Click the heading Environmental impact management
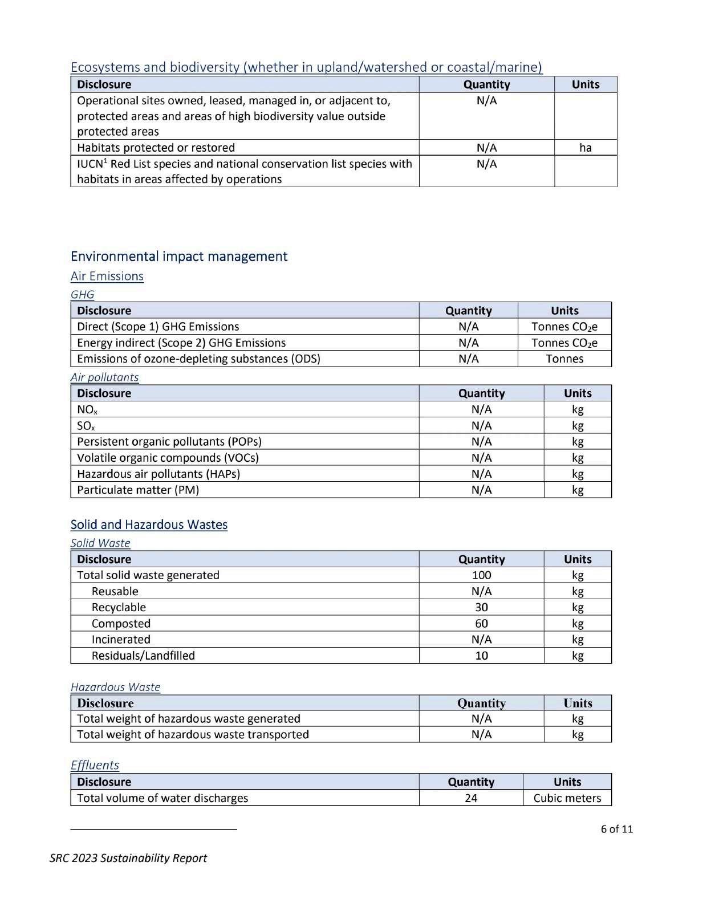(179, 257)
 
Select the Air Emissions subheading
(107, 276)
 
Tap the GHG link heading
(82, 295)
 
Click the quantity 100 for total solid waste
(481, 575)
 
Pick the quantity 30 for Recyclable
(481, 607)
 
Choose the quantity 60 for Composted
(481, 624)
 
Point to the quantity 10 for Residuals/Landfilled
(481, 656)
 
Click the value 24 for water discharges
(471, 798)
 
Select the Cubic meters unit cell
(567, 798)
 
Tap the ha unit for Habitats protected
(586, 148)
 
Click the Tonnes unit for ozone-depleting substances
(564, 359)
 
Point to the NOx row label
(87, 410)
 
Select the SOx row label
(86, 426)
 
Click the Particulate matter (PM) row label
(138, 490)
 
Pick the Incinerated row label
(121, 640)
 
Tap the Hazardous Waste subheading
(115, 688)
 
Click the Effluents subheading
(95, 765)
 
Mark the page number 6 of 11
(616, 829)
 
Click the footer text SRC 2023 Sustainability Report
(128, 858)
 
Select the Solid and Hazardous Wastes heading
(149, 525)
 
